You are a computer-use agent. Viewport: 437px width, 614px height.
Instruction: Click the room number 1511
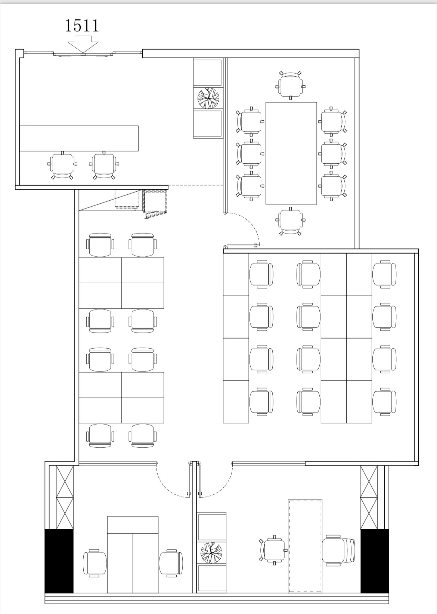click(x=82, y=26)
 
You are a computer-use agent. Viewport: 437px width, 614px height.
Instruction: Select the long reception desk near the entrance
click(x=79, y=138)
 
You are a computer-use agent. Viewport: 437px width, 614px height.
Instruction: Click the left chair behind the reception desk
click(x=62, y=165)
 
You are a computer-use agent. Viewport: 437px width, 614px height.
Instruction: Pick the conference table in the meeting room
click(x=291, y=153)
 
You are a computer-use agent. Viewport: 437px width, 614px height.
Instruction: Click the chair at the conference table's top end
click(x=291, y=84)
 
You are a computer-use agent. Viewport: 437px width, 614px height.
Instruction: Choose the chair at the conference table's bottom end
click(x=291, y=222)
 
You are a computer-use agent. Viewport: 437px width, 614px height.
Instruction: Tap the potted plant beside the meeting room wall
click(x=208, y=98)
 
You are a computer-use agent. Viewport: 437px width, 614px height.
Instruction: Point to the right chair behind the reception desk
click(x=104, y=165)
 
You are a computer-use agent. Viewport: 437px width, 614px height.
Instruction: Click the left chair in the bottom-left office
click(x=95, y=563)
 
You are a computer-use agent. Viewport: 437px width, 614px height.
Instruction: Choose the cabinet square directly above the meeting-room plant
click(x=208, y=72)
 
